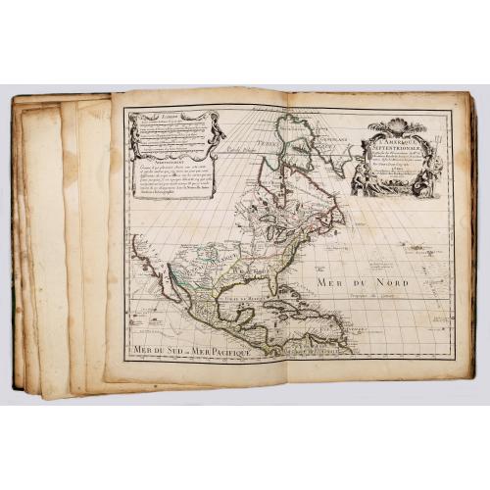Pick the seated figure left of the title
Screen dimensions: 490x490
(358, 179)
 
